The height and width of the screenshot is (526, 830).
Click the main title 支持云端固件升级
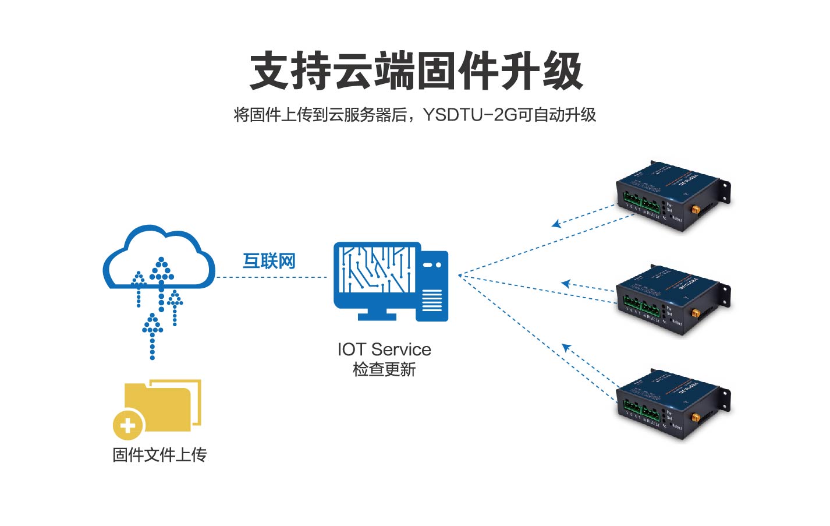click(x=416, y=71)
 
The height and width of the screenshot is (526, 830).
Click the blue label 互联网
click(x=269, y=261)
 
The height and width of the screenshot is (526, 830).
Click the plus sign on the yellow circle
click(x=128, y=425)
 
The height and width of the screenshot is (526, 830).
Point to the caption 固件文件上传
click(x=159, y=455)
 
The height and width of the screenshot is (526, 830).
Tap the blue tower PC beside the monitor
click(x=432, y=286)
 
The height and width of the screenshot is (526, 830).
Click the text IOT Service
click(x=384, y=350)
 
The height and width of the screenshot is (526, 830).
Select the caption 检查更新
click(x=384, y=369)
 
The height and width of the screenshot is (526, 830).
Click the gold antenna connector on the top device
click(x=696, y=209)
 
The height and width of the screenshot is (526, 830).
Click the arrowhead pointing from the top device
click(x=556, y=224)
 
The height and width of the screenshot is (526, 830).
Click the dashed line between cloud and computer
click(x=271, y=277)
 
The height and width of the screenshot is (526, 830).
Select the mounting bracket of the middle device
click(x=725, y=295)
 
